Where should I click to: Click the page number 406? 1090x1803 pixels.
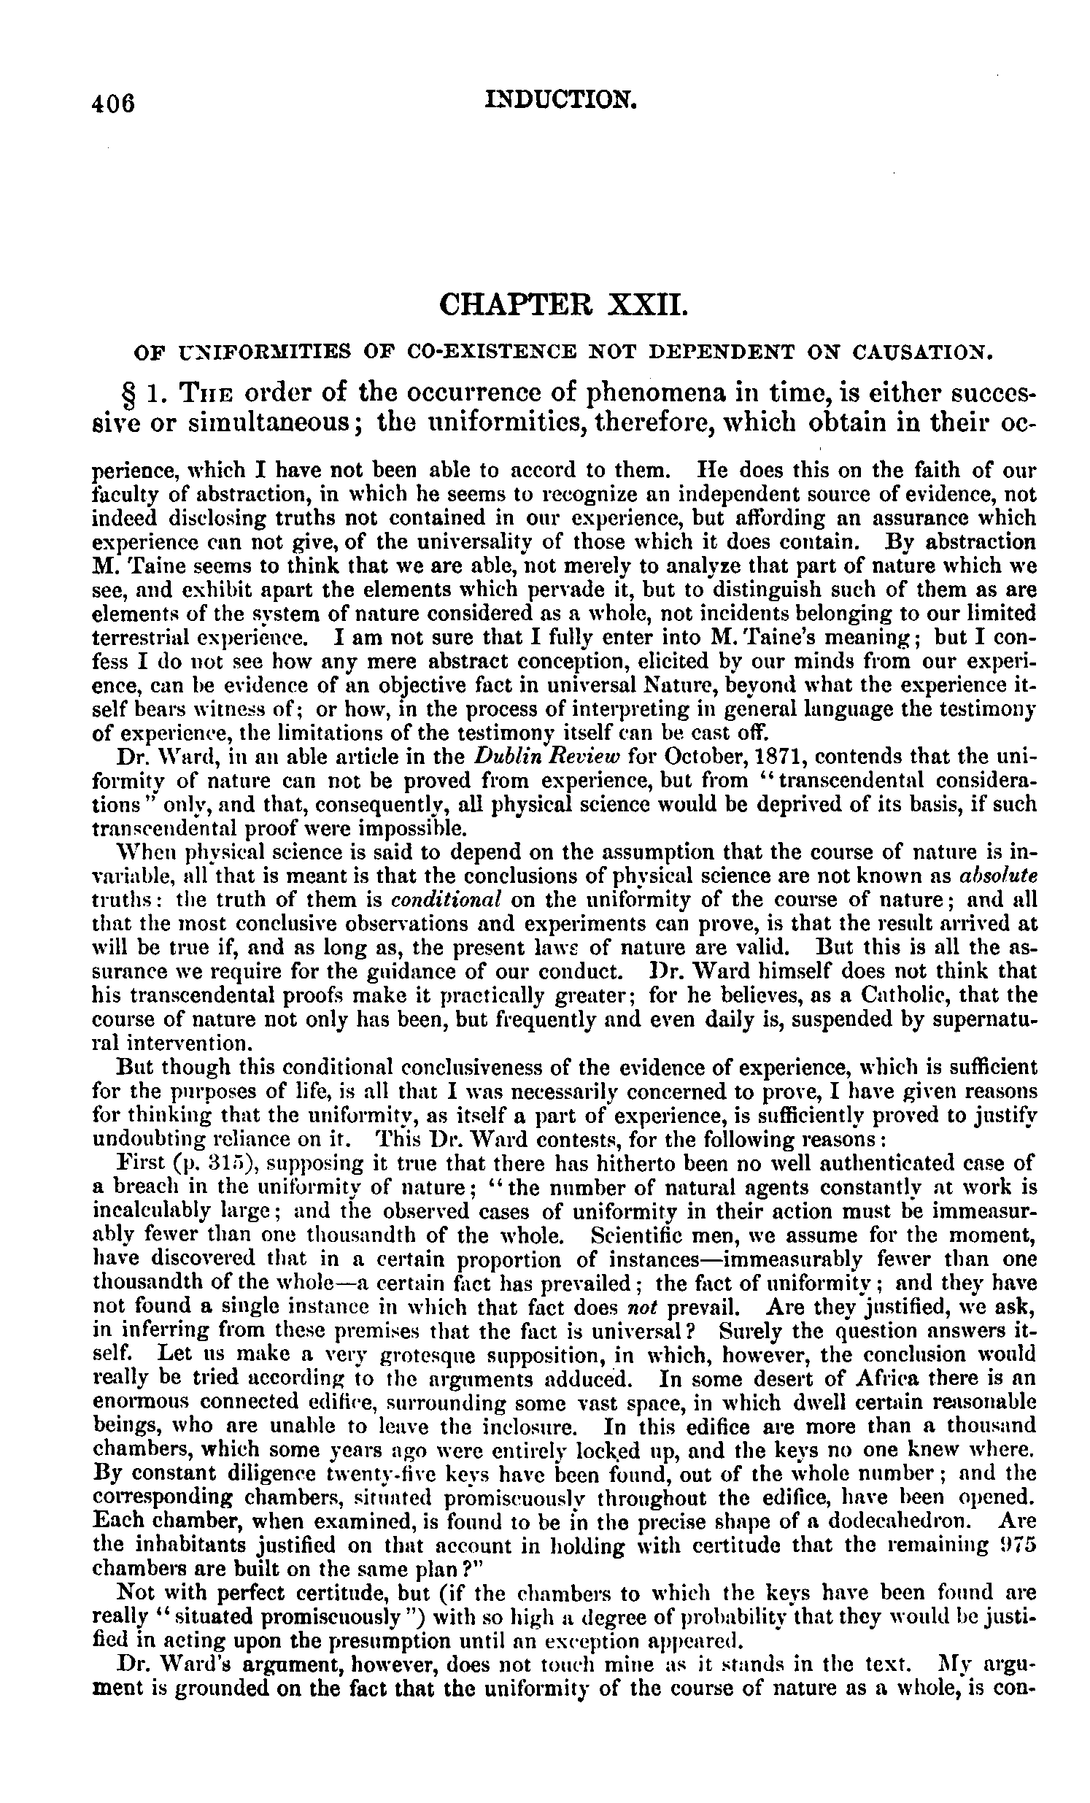point(114,104)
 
